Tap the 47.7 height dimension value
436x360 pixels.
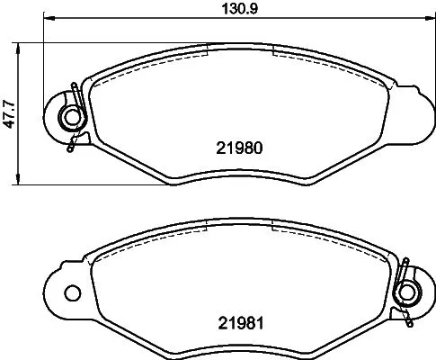coord(8,113)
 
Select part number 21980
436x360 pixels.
coord(238,148)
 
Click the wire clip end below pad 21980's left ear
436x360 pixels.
coord(68,146)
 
